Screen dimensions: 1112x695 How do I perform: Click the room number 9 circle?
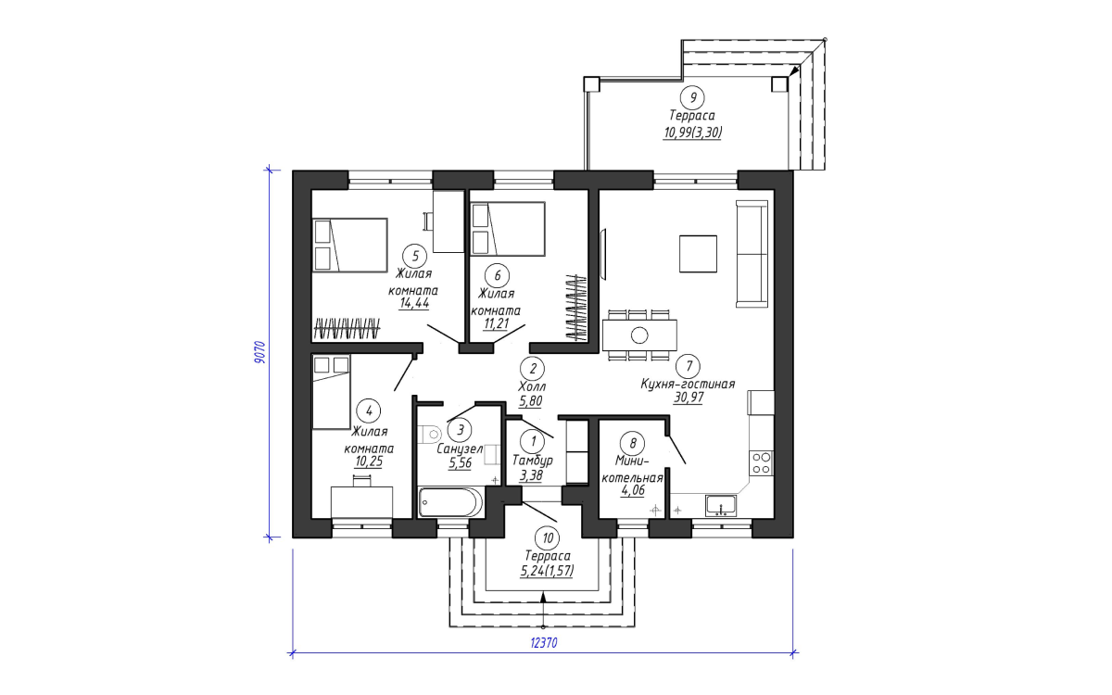click(692, 97)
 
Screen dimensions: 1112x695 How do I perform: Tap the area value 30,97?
click(688, 398)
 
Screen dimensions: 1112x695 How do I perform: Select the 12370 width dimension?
click(544, 643)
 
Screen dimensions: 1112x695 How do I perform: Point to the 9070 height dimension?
click(260, 352)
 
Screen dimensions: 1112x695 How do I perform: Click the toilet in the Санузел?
click(429, 435)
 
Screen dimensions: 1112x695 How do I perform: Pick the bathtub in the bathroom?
click(450, 502)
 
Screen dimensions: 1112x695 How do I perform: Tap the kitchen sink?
click(721, 505)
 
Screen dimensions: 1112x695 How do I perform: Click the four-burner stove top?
click(761, 462)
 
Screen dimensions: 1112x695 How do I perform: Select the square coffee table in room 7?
click(698, 254)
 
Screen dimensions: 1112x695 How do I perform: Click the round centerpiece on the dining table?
click(639, 335)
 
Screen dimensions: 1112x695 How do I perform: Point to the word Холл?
click(532, 385)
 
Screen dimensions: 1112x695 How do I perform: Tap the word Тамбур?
click(533, 461)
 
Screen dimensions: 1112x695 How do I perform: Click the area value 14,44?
click(414, 303)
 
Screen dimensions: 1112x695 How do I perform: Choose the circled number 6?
click(497, 275)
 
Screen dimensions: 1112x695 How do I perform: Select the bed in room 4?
click(331, 392)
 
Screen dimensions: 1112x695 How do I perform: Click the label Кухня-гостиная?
click(688, 384)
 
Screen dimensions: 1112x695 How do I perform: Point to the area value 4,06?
click(632, 490)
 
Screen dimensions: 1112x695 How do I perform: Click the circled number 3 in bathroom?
click(460, 430)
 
